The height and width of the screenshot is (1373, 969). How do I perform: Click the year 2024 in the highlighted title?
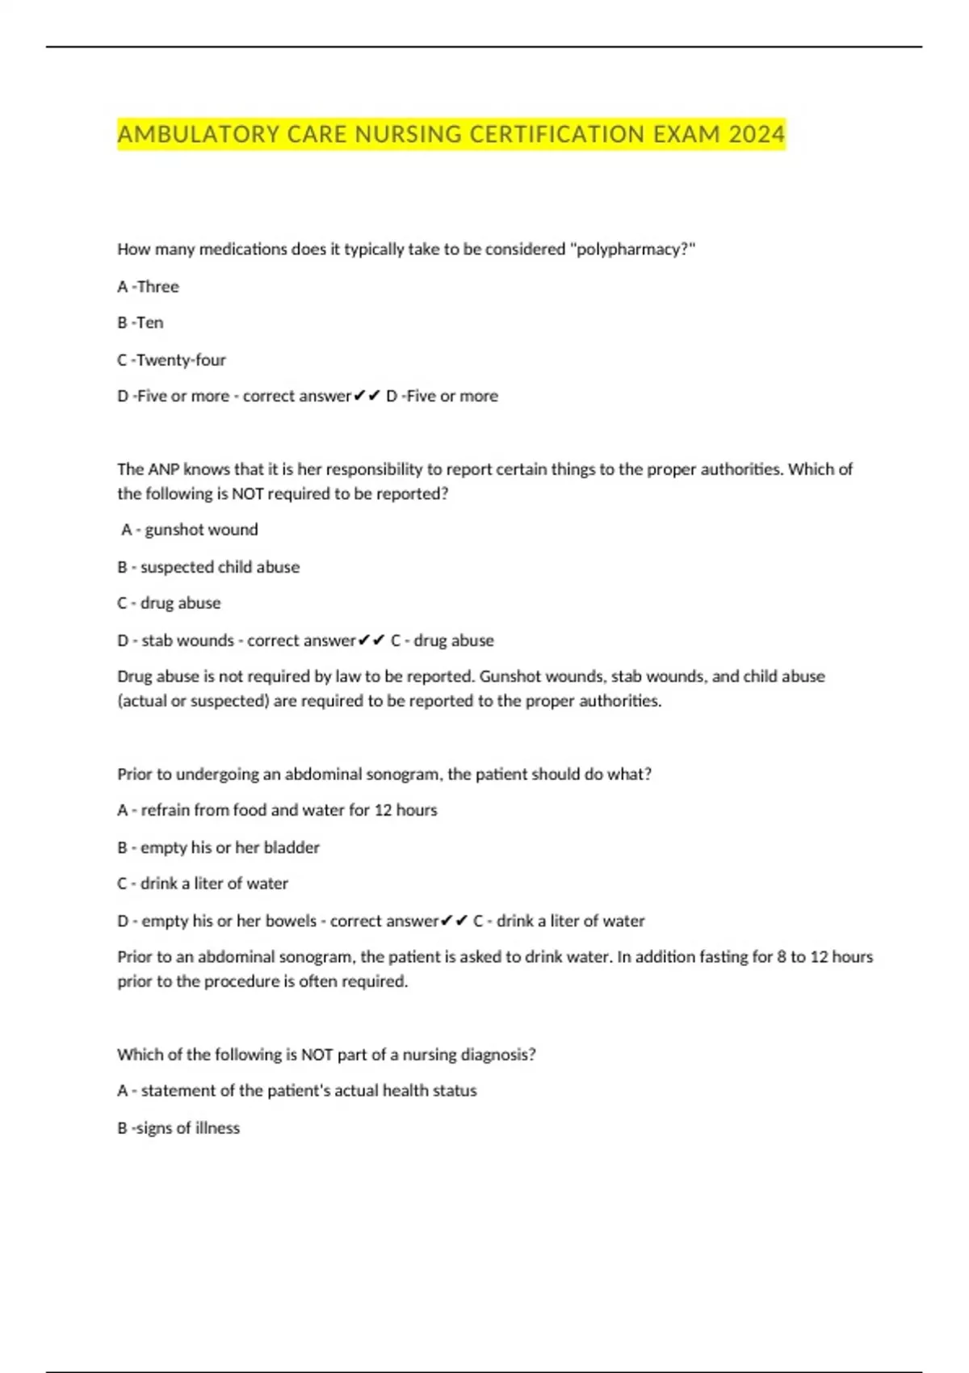pyautogui.click(x=756, y=134)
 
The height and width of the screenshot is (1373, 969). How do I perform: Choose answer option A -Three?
pyautogui.click(x=149, y=287)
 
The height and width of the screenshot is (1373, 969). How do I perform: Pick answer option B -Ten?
pyautogui.click(x=141, y=323)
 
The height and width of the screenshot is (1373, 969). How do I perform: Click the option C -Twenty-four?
pyautogui.click(x=172, y=360)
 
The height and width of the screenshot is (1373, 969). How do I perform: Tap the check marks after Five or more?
pyautogui.click(x=367, y=397)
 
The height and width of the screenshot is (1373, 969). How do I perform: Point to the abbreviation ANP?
pyautogui.click(x=164, y=469)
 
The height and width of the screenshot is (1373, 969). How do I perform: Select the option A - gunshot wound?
pyautogui.click(x=190, y=530)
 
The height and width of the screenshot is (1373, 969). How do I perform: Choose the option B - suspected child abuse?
pyautogui.click(x=208, y=567)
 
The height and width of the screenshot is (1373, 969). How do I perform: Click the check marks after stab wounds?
pyautogui.click(x=371, y=640)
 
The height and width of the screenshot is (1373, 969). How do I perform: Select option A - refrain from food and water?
pyautogui.click(x=277, y=810)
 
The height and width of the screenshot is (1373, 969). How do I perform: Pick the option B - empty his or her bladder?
pyautogui.click(x=219, y=848)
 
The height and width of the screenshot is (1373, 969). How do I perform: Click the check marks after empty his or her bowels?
pyautogui.click(x=455, y=921)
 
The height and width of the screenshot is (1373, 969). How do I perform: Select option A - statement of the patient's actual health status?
pyautogui.click(x=297, y=1091)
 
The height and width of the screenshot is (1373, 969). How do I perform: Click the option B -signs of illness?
pyautogui.click(x=178, y=1128)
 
